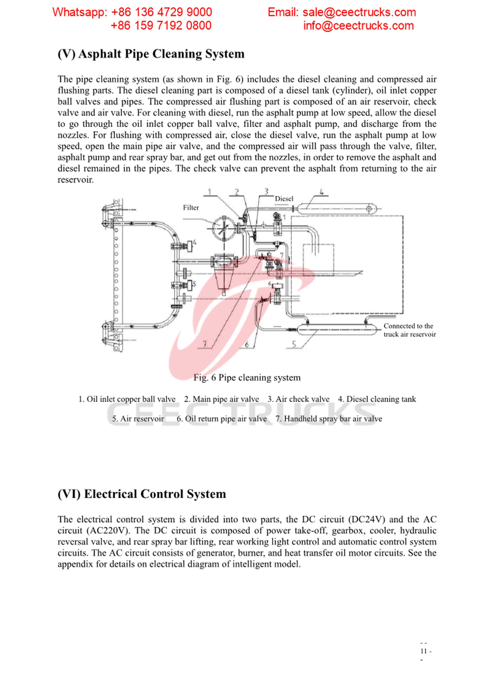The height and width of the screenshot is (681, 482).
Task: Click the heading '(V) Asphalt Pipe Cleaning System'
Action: pos(151,54)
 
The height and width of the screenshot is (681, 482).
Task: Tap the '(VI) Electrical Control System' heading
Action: pos(142,494)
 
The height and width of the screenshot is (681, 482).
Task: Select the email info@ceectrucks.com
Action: pos(358,26)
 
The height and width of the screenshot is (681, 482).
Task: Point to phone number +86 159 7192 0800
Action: pos(161,26)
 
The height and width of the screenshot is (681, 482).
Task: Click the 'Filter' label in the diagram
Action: pos(191,208)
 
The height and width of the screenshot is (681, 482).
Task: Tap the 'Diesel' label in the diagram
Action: pos(284,199)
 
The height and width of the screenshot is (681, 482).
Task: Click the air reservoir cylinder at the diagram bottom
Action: pos(339,329)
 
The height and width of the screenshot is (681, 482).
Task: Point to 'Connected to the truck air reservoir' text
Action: pos(409,330)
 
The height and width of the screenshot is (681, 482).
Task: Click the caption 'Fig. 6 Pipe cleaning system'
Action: pos(247,378)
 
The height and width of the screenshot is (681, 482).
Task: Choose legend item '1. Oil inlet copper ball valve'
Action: pos(127,399)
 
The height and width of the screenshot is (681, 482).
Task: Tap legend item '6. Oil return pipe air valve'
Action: pos(221,419)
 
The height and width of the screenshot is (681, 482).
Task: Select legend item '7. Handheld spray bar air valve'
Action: pos(328,419)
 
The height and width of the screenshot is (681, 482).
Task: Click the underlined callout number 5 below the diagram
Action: pos(294,344)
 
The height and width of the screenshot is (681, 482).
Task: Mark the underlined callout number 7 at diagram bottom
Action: pos(205,344)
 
